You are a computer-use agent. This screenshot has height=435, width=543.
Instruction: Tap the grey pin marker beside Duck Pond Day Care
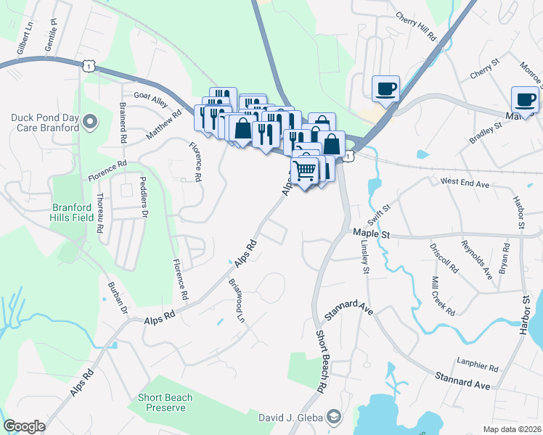click(x=89, y=122)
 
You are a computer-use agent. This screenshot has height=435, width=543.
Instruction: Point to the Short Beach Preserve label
click(x=166, y=402)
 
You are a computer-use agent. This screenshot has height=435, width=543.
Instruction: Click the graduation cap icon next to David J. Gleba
click(x=333, y=417)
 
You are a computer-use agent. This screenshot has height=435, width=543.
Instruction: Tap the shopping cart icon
click(x=306, y=171)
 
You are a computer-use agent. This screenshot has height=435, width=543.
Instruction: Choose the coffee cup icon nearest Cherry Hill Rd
click(x=385, y=88)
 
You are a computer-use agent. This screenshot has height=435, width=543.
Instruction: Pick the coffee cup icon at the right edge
click(x=524, y=100)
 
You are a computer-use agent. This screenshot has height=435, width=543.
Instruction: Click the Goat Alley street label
click(x=150, y=95)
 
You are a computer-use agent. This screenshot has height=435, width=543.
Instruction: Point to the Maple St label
click(x=372, y=233)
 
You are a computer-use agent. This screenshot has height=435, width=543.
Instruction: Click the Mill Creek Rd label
click(x=444, y=295)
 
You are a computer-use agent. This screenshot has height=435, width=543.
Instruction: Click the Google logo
click(x=24, y=426)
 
